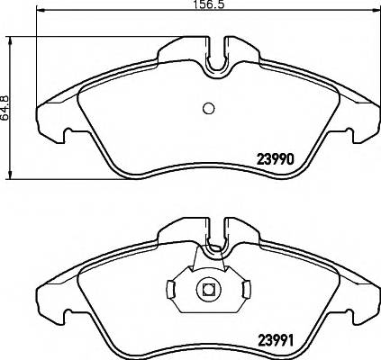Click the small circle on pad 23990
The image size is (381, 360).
pyautogui.click(x=208, y=108)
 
